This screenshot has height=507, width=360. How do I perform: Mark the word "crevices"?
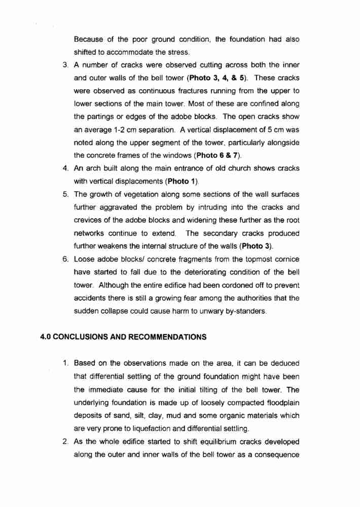point(89,220)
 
